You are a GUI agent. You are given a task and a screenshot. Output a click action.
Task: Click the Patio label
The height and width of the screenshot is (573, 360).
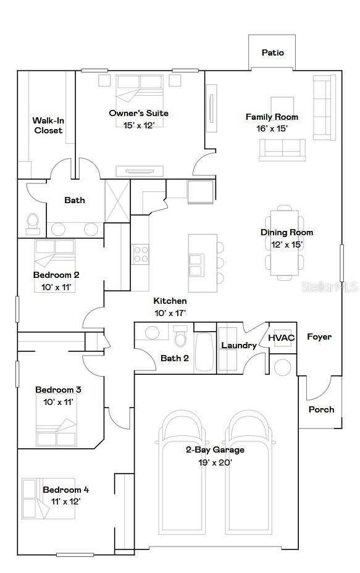click(272, 52)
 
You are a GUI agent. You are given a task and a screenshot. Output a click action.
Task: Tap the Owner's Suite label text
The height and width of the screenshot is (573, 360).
click(138, 113)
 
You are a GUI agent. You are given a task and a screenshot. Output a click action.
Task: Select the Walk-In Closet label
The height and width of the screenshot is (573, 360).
click(48, 125)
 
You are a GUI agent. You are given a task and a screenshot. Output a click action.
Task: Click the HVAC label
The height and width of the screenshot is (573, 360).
click(281, 338)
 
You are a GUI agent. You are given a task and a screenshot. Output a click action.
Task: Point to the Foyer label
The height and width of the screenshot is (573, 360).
click(319, 337)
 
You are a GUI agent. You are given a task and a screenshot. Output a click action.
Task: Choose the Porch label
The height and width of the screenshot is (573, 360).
click(321, 409)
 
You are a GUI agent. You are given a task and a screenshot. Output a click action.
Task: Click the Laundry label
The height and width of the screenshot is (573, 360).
click(238, 345)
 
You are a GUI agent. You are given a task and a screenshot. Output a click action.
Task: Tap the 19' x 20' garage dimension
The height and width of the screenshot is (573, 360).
click(215, 462)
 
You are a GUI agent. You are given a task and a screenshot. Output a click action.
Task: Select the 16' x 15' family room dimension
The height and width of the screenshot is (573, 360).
click(272, 128)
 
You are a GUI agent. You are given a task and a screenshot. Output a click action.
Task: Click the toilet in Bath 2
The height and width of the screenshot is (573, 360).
click(181, 338)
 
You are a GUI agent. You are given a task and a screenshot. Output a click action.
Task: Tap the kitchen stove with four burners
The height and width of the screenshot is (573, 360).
click(141, 254)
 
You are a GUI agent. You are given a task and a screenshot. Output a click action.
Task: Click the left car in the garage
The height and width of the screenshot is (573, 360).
click(182, 473)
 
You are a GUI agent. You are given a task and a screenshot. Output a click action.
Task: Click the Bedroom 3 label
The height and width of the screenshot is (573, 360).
click(58, 390)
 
